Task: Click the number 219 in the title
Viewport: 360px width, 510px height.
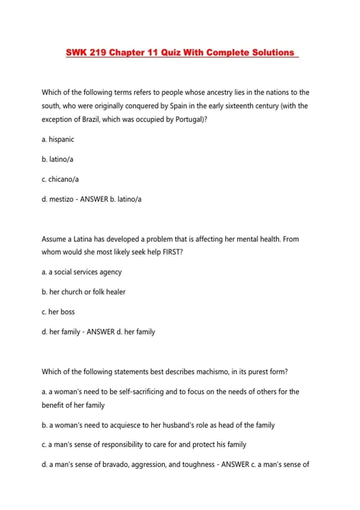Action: tap(98, 52)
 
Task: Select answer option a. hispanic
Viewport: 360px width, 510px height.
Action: tap(58, 139)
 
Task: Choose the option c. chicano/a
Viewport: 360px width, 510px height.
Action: tap(60, 179)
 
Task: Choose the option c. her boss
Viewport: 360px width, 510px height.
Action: tap(58, 312)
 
